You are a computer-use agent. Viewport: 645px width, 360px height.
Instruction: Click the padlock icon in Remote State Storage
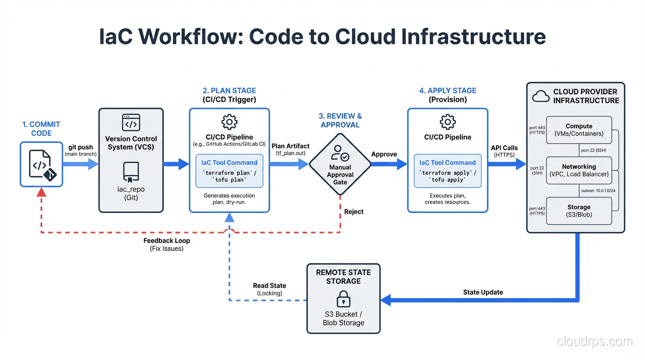343,299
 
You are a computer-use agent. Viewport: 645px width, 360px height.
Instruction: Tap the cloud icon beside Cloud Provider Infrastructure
540,96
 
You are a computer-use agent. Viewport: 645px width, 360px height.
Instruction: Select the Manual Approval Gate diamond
340,164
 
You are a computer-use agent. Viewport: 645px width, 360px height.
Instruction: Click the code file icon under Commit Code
41,165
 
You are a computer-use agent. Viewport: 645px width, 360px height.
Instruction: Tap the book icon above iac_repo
131,172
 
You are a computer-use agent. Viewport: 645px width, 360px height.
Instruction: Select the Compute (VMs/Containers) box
579,130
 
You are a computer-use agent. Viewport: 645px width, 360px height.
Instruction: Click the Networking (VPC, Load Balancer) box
579,170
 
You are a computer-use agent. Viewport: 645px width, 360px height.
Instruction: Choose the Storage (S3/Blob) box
579,210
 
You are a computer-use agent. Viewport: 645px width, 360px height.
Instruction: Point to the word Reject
353,212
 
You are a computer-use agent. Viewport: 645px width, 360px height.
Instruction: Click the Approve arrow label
384,154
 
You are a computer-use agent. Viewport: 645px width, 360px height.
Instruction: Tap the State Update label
483,292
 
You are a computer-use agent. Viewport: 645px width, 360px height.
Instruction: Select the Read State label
270,286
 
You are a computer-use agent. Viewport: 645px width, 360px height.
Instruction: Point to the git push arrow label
81,148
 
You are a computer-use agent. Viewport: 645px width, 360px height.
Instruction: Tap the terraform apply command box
447,171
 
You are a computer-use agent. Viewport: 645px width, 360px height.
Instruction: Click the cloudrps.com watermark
594,342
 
